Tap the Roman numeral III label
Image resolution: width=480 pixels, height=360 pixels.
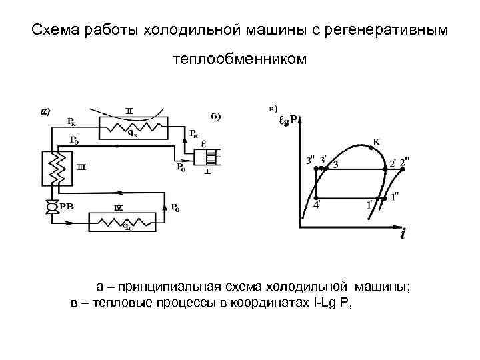coord(80,167)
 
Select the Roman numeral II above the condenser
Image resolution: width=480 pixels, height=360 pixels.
coord(130,109)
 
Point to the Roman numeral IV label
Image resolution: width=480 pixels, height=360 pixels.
coord(118,208)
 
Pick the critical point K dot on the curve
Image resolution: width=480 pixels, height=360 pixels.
coord(365,147)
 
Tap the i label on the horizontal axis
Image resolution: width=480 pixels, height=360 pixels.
coord(403,235)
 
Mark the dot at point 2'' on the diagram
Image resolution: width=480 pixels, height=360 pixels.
coord(401,169)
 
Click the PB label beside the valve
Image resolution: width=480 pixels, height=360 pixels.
coord(67,207)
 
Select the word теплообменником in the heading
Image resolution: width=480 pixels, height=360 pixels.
coord(240,60)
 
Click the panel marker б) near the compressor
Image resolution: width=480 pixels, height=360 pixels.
coord(216,116)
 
